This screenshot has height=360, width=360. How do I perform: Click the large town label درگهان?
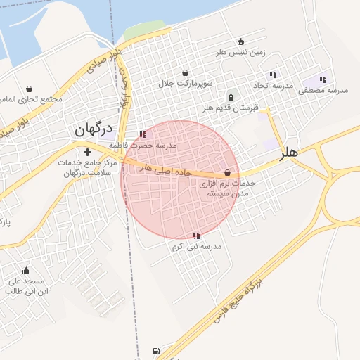click(x=93, y=129)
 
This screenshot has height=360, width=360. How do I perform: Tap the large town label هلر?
click(x=288, y=152)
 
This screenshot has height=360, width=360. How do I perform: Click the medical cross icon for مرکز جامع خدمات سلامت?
click(x=87, y=152)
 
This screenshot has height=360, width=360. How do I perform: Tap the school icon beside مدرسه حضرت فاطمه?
click(x=143, y=134)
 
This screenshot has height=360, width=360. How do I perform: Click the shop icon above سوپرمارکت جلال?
click(x=185, y=73)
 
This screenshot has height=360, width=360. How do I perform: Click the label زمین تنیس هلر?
click(x=243, y=53)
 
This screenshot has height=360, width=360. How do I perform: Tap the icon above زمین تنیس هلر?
click(x=241, y=41)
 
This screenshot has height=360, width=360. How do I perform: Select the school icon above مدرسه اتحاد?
click(x=273, y=75)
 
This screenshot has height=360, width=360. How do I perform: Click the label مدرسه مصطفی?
click(x=323, y=91)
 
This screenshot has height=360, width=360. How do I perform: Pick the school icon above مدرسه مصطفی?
click(x=323, y=79)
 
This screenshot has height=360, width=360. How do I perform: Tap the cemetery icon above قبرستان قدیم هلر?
click(x=231, y=97)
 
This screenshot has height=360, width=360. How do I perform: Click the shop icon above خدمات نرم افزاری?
click(x=227, y=172)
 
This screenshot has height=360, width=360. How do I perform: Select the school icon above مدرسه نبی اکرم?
click(x=196, y=236)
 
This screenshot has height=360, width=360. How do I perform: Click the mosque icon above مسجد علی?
click(x=27, y=271)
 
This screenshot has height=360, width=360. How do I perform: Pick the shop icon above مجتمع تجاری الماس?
click(x=30, y=89)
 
